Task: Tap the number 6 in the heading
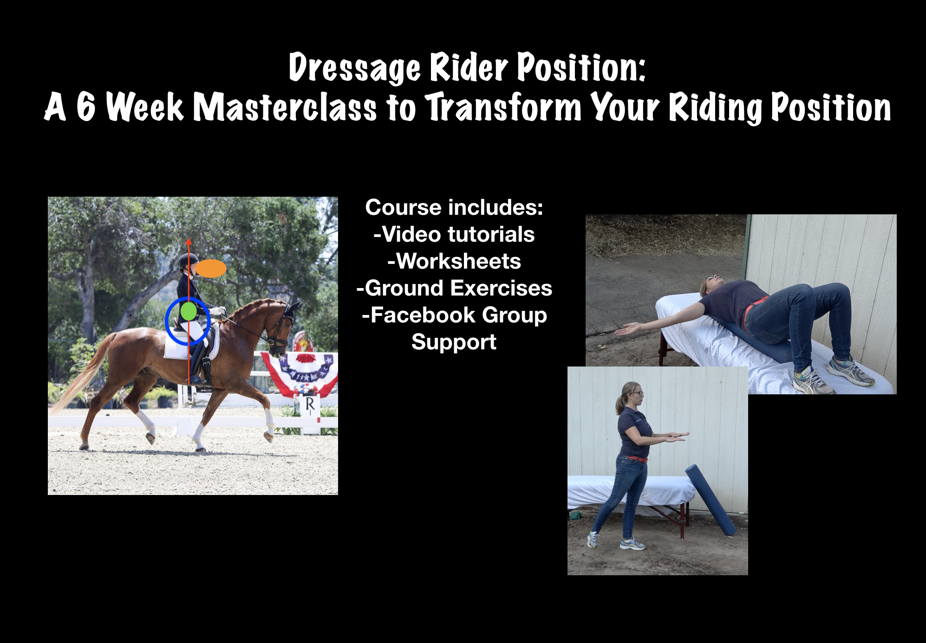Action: [86, 107]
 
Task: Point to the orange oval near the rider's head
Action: [211, 268]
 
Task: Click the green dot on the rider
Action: [188, 311]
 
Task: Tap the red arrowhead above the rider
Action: [189, 241]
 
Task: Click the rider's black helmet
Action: [188, 260]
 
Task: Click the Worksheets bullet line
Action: [454, 261]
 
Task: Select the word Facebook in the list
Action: [423, 315]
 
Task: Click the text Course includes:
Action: [454, 207]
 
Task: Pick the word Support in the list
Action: [454, 343]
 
